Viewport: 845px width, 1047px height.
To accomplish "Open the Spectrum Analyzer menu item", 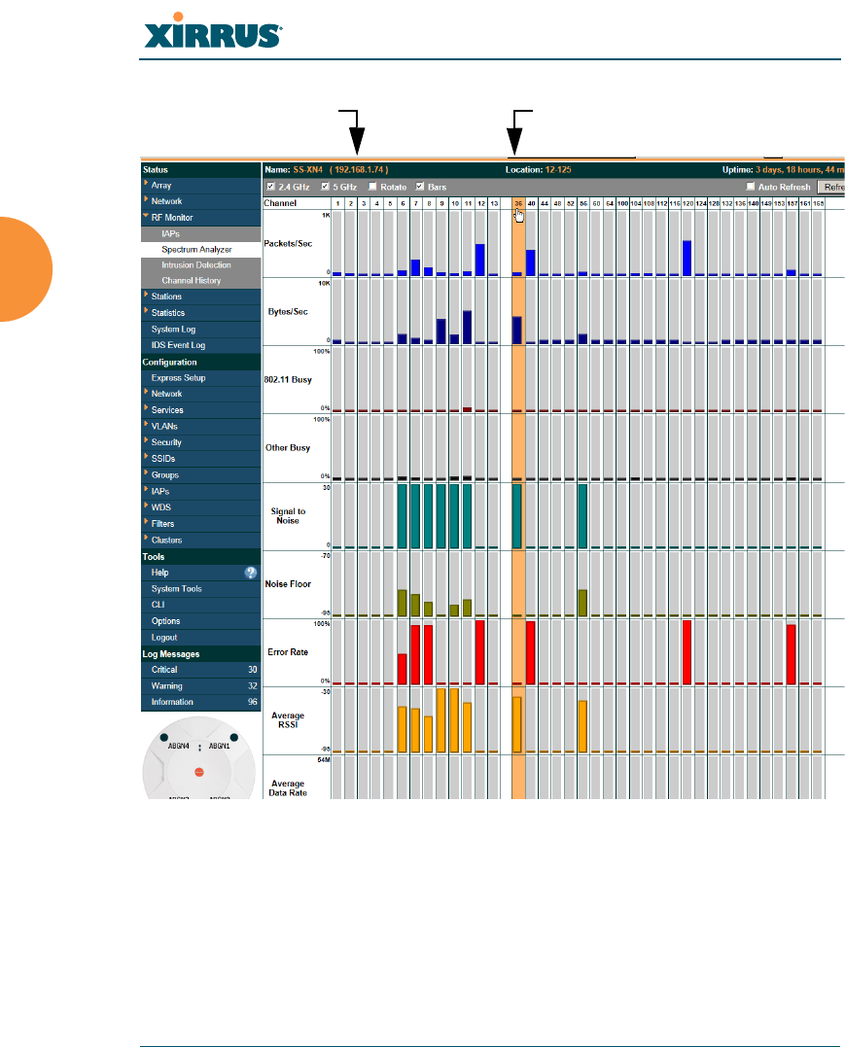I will coord(191,250).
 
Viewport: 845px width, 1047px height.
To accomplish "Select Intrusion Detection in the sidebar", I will coord(196,265).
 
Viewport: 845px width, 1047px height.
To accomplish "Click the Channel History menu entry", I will coord(191,281).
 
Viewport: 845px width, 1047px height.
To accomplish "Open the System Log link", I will coord(173,330).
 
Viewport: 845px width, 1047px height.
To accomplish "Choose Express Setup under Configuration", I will coord(178,378).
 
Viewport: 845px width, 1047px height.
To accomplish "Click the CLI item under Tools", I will coord(158,605).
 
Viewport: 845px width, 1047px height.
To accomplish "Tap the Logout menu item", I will coord(164,638).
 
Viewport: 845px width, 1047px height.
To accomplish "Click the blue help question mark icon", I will coord(250,573).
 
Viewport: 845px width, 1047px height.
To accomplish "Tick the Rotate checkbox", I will coord(372,187).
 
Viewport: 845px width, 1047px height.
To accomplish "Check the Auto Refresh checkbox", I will coord(751,187).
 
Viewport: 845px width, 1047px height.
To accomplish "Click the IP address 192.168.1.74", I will coord(359,170).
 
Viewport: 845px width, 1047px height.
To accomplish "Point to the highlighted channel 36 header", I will coord(518,203).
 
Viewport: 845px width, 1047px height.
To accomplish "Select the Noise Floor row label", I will coord(287,583).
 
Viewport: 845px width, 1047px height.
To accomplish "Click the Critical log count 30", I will coord(252,670).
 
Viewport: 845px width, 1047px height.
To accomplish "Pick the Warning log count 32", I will coord(252,686).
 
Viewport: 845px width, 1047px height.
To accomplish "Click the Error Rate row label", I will coord(287,651).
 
